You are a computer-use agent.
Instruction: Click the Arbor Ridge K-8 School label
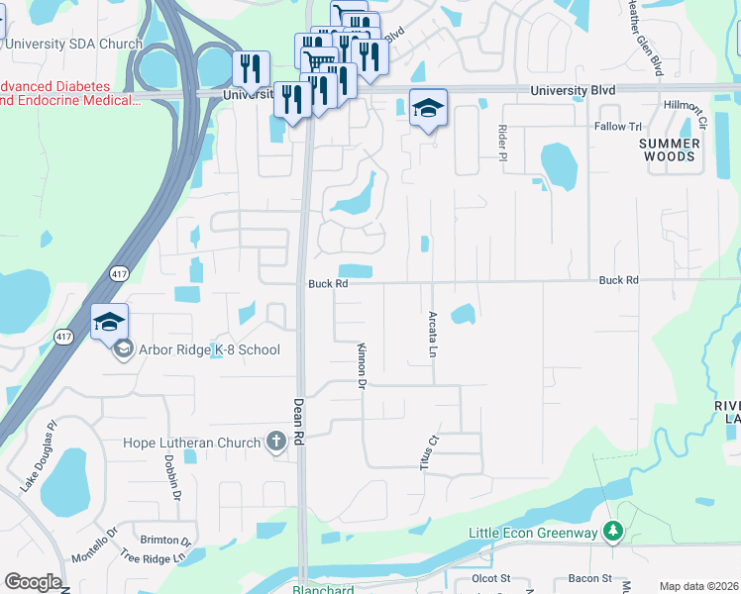pos(209,349)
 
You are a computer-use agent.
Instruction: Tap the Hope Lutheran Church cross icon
pos(277,443)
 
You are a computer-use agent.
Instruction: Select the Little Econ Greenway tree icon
pos(614,534)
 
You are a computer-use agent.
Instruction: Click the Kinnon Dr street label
pos(362,365)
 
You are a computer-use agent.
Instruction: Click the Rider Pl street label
pos(502,143)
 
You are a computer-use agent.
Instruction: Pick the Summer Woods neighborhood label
pos(669,149)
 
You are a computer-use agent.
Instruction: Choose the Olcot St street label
pos(490,578)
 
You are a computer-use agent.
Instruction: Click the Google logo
pos(32,582)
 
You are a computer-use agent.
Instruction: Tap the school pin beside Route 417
pos(109,322)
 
